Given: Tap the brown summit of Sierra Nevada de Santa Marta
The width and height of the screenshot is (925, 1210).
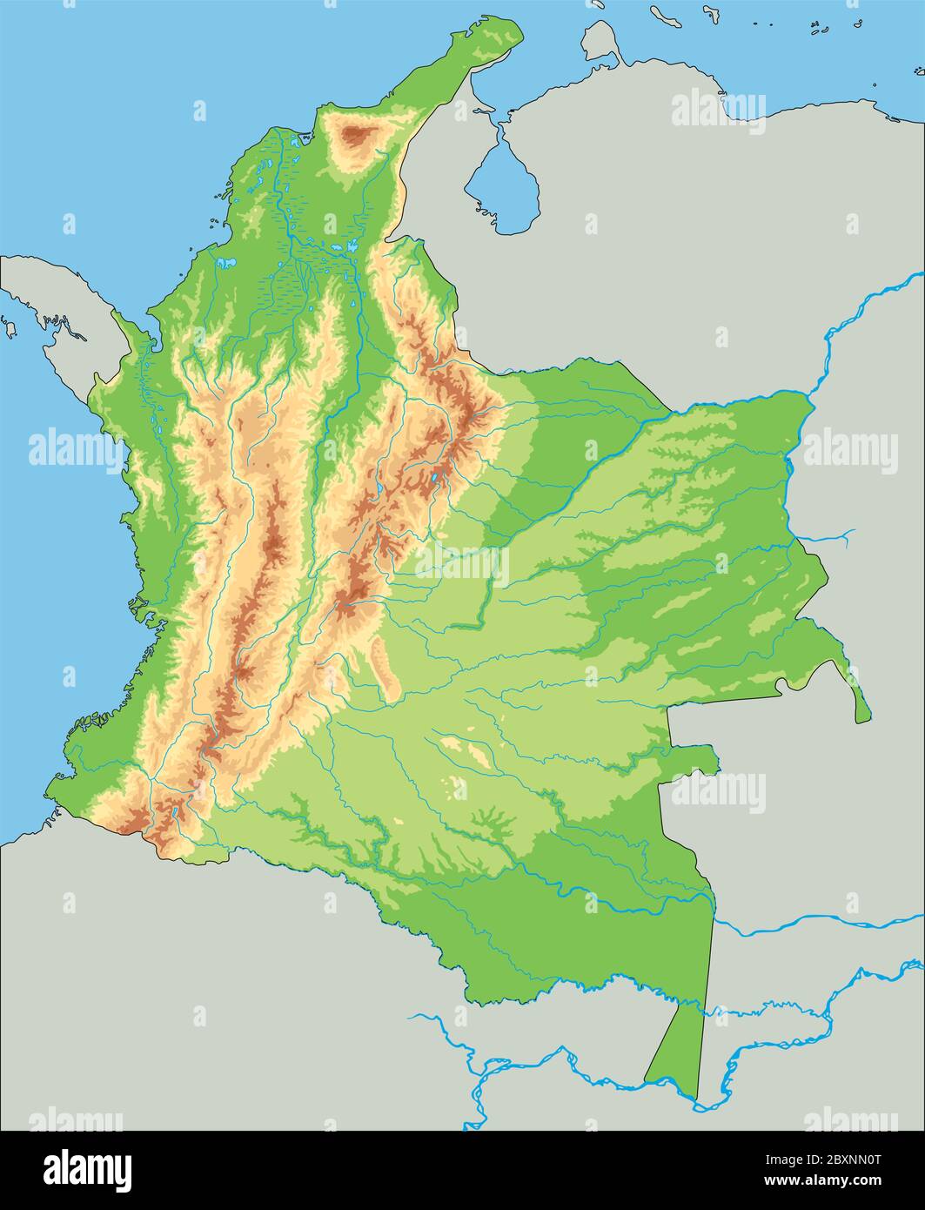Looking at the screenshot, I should pos(356,137).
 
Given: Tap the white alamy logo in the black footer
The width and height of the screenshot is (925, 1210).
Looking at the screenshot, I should pos(87,1169).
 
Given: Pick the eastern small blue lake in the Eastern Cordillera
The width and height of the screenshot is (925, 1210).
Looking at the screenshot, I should pos(434,478).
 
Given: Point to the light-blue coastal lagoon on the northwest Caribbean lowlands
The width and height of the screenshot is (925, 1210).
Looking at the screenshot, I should pos(227,262).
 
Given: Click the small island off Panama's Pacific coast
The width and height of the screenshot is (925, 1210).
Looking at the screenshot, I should pos(10,328).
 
